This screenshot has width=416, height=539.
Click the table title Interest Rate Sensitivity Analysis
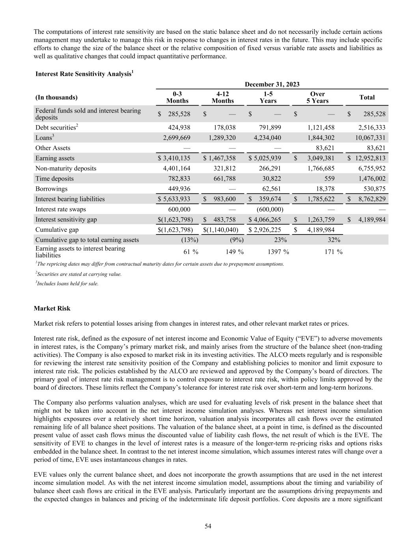tap(84, 74)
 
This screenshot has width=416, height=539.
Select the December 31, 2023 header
tap(272, 84)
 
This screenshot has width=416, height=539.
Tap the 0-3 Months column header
tap(177, 97)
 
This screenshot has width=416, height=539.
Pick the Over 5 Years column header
tap(317, 97)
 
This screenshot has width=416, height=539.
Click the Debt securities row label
tap(56, 128)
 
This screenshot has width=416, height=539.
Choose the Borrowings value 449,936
tap(177, 189)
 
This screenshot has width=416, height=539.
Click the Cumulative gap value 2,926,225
tap(268, 230)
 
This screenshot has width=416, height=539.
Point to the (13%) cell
tap(189, 240)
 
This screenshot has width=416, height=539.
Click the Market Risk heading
tap(52, 308)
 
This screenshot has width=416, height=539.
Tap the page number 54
tap(208, 526)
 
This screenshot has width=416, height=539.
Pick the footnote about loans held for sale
tap(67, 283)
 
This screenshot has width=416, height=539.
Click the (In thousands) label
tap(56, 98)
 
